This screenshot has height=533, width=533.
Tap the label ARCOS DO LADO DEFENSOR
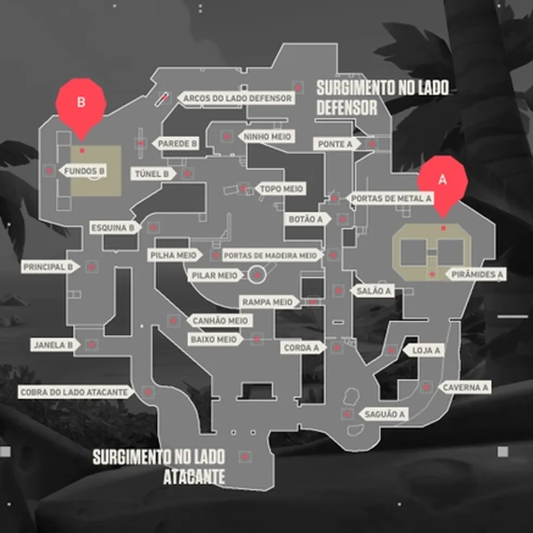coord(237,99)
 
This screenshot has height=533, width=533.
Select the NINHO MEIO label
coord(268,136)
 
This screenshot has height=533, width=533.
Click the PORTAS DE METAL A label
coord(391,198)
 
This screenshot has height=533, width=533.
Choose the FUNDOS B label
coord(84,171)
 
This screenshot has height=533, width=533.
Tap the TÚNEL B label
coord(153,174)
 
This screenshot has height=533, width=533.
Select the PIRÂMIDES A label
coord(476,275)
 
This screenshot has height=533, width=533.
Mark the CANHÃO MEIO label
coord(219,321)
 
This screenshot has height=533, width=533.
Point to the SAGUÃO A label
coord(385,414)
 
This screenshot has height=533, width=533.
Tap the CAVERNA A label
coord(465,387)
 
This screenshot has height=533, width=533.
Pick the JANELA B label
coord(53,344)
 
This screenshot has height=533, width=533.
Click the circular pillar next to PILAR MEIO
coord(257,275)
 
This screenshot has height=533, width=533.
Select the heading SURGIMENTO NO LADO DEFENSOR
coord(382,97)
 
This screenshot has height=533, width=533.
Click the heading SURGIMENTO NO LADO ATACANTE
coord(159,466)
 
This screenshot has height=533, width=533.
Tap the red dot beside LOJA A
coord(391,350)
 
